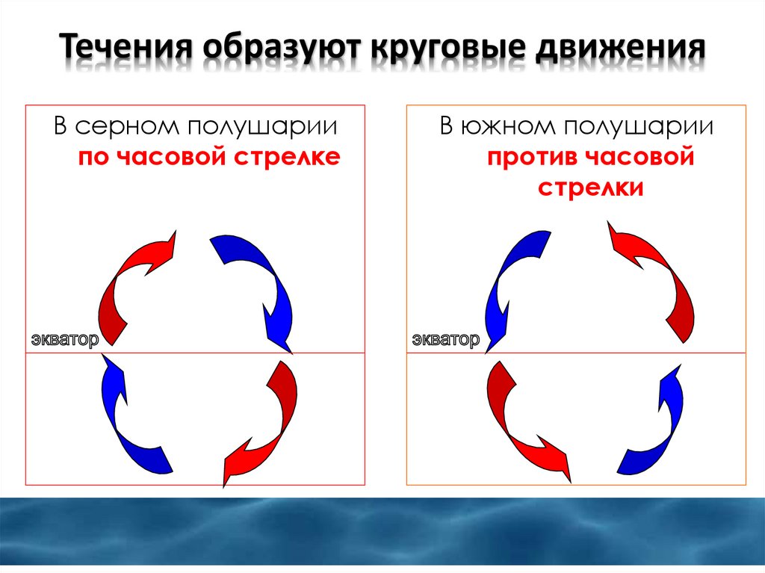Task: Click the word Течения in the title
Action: [124, 50]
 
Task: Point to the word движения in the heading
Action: [622, 52]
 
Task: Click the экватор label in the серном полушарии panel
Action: [64, 340]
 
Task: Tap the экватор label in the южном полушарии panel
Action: [445, 340]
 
